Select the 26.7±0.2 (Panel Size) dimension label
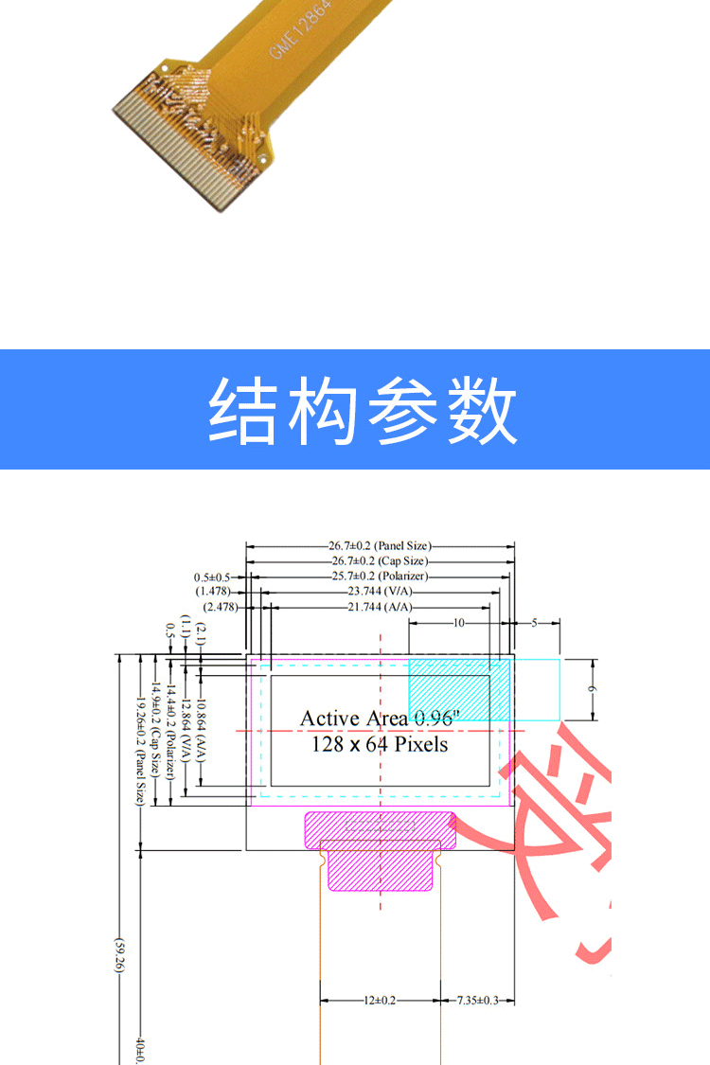point(379,546)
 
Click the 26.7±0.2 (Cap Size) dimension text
point(379,561)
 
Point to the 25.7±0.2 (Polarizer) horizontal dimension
point(379,577)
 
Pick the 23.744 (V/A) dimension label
point(379,592)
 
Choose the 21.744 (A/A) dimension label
point(379,607)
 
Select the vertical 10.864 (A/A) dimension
point(201,729)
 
